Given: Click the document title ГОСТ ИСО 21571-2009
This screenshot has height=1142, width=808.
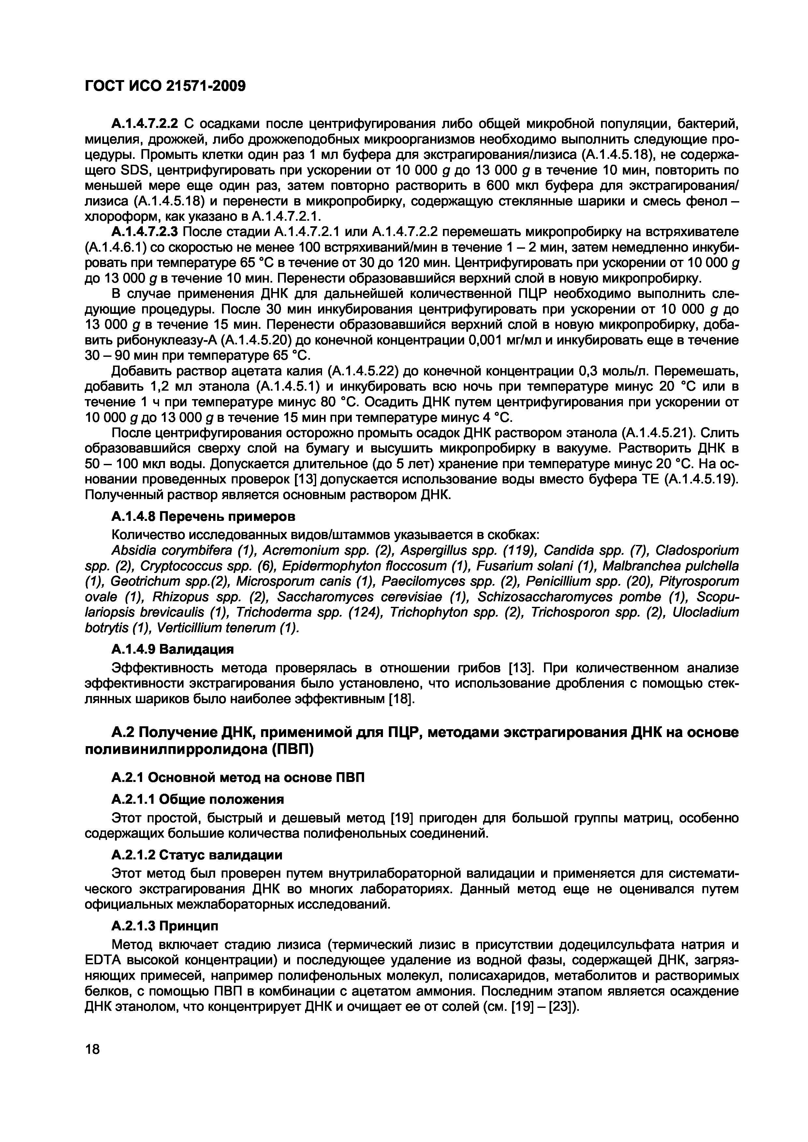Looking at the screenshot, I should click(165, 87).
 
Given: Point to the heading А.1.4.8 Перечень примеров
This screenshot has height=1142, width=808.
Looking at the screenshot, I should click(203, 517).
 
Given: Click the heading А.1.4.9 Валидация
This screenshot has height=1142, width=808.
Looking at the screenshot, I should click(172, 649).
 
